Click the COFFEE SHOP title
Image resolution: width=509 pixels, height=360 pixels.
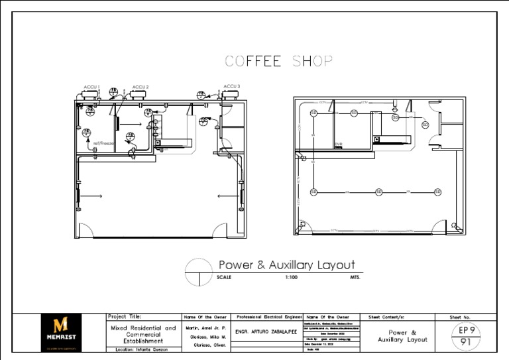(278, 62)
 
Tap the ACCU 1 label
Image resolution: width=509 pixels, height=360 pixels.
(91, 87)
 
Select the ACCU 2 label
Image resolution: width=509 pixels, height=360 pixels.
(140, 87)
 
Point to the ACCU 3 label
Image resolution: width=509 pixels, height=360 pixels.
(231, 86)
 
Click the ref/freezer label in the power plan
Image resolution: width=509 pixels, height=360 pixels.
(104, 143)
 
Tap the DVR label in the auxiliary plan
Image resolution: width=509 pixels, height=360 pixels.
(338, 144)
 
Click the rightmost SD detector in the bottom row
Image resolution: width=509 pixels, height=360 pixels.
(437, 192)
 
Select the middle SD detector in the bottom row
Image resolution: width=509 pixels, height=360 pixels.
(378, 192)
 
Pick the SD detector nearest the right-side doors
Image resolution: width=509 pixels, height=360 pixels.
(425, 125)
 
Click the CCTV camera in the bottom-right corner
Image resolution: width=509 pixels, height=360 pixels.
(455, 226)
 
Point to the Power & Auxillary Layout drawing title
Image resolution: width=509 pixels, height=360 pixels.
(286, 265)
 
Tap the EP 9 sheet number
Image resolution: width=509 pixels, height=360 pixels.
(467, 330)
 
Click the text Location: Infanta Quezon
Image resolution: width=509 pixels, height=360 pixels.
(142, 349)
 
